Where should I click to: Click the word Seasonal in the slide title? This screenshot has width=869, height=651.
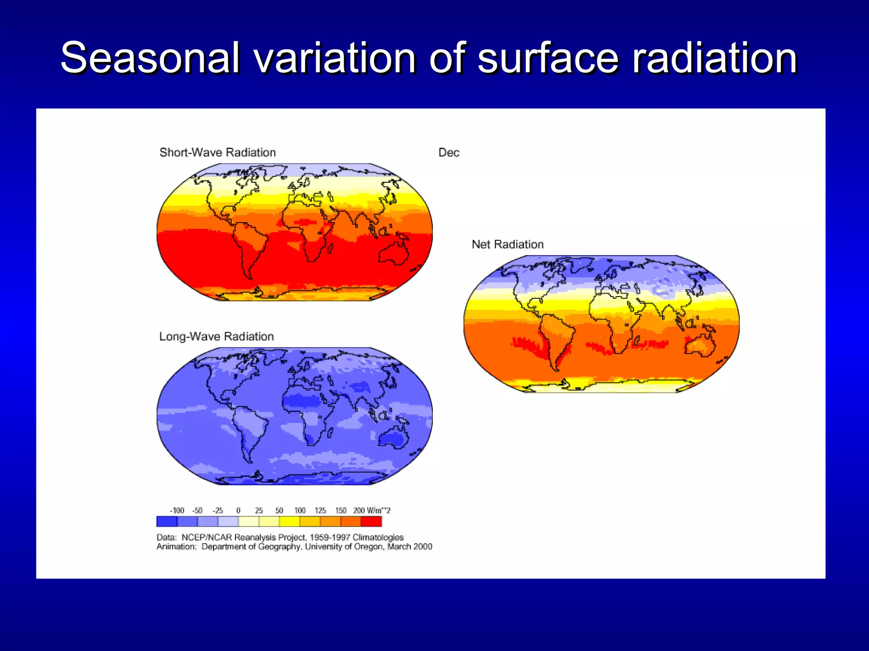(x=150, y=58)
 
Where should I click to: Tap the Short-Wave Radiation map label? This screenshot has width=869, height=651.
(x=217, y=153)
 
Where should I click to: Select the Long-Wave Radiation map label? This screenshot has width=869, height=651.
(x=216, y=337)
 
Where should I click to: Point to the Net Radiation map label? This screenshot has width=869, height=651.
(x=507, y=245)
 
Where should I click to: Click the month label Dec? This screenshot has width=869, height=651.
(x=449, y=153)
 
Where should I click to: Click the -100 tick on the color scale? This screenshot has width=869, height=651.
(x=177, y=511)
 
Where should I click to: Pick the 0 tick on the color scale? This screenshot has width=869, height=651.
(x=238, y=511)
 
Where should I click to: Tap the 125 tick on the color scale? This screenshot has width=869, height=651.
(x=320, y=511)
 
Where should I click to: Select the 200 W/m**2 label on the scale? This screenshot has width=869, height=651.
(x=371, y=511)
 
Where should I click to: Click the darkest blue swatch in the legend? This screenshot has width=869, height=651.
(x=167, y=521)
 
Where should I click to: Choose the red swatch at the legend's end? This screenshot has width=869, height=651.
(x=371, y=521)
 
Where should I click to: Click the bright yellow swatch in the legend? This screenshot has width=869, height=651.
(x=289, y=521)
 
